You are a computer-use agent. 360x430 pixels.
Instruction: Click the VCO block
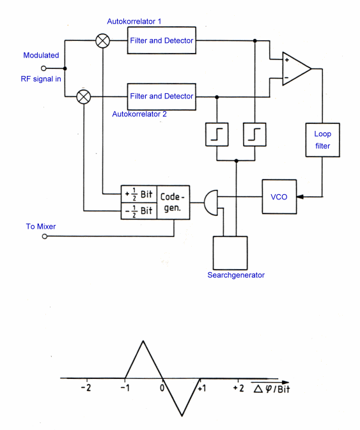point(279,197)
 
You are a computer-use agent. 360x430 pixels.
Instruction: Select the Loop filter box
point(322,140)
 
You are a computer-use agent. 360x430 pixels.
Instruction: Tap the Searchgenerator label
point(236,275)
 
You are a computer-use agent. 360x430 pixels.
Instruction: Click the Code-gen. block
point(173,203)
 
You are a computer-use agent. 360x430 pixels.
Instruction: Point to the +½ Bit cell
point(139,194)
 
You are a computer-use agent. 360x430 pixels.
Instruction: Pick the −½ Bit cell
point(139,211)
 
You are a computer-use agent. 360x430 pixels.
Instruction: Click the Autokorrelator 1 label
point(134,21)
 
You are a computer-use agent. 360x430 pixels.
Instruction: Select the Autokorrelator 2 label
point(139,114)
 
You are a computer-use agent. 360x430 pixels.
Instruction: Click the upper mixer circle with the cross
point(102,41)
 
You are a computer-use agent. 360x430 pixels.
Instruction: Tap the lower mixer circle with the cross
point(83,97)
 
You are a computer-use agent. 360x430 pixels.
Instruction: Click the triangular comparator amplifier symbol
point(296,68)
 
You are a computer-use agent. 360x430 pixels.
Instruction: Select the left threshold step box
point(217,134)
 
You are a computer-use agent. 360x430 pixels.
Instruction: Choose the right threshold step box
point(254,134)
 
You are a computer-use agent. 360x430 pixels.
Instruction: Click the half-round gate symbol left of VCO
point(211,203)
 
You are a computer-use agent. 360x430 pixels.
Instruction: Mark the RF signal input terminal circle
point(43,68)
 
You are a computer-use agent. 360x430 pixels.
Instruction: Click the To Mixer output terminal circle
point(45,236)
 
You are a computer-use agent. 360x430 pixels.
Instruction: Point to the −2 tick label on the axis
point(86,388)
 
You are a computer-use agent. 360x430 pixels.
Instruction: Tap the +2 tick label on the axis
point(238,388)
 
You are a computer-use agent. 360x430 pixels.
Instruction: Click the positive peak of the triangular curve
point(143,341)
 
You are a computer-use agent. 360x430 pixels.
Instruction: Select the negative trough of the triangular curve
point(182,416)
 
